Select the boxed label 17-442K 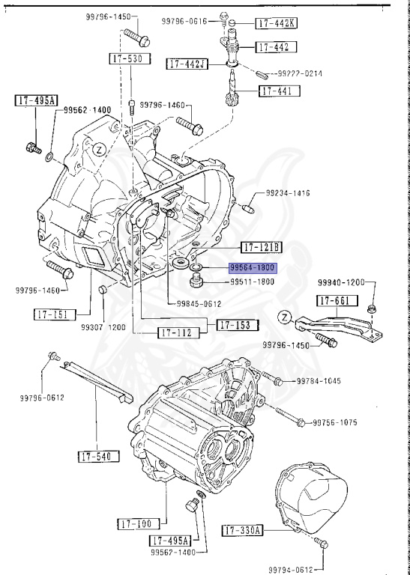[275, 23]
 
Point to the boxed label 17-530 [127, 58]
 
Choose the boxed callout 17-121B [261, 248]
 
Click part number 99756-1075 [334, 422]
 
